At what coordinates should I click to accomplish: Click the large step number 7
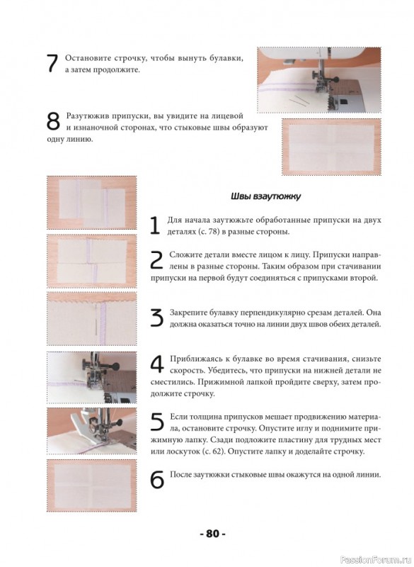tap(52, 64)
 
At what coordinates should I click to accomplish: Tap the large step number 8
tap(53, 121)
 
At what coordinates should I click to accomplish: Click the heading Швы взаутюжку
tap(265, 197)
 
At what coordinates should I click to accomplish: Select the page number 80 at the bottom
tap(212, 534)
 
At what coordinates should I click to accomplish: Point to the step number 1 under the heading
tap(155, 225)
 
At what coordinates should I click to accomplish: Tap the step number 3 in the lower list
tap(157, 318)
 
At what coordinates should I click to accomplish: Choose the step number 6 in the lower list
tap(157, 480)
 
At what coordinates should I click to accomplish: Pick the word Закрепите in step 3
tap(188, 313)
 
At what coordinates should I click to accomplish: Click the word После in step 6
tap(179, 475)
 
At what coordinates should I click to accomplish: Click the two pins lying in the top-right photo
tap(300, 101)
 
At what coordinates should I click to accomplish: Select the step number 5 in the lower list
tap(157, 422)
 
